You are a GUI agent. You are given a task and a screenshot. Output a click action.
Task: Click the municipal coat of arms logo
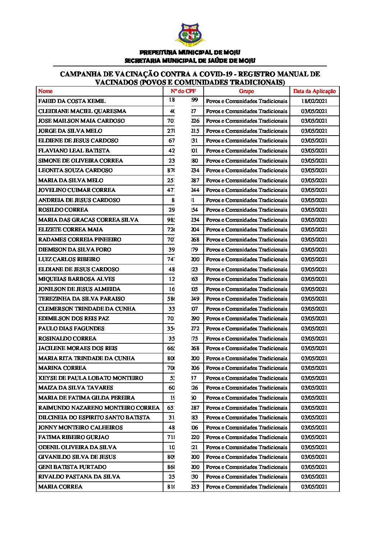pos(190,35)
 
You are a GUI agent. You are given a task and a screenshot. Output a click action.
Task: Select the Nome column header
pos(45,91)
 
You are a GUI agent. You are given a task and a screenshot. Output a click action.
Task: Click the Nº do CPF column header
pos(183,91)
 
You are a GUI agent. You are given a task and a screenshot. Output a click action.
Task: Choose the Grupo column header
pos(246,91)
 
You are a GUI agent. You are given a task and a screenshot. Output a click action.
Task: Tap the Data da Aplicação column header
pos(314,91)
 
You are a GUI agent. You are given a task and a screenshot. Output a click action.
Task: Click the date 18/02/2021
pos(314,101)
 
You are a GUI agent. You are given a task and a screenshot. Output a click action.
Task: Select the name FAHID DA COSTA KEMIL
pos(72,101)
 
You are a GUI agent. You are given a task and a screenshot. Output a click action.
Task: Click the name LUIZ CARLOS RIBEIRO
pos(69,259)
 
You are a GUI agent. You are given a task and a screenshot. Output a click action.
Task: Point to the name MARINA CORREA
pos(62,368)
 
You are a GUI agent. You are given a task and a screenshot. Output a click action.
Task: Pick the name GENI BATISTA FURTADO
pos(72,467)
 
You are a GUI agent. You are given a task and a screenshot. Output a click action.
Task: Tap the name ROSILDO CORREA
pos(63,210)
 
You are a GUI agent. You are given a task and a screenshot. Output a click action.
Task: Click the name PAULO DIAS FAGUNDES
pos(71,329)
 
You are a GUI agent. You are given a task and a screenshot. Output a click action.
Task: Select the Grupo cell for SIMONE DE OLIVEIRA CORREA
pos(246,161)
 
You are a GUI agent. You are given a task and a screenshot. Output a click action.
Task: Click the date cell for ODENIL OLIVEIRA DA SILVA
pos(314,447)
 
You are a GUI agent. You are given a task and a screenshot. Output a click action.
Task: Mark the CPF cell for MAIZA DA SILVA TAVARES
pos(183,388)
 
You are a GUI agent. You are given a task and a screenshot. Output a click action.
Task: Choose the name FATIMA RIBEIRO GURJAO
pos(74,437)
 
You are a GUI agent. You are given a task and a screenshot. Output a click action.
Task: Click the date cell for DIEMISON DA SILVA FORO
pos(314,250)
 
